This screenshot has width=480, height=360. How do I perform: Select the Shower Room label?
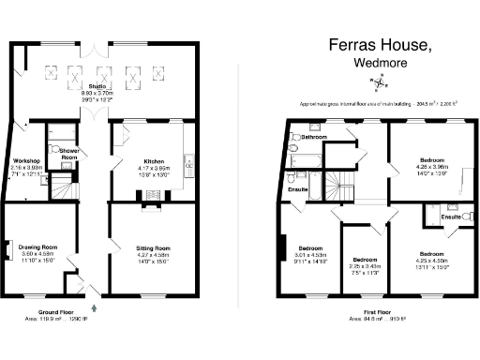(68, 154)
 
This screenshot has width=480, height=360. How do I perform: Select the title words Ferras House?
(380, 44)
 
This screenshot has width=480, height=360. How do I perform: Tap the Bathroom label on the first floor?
(315, 138)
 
